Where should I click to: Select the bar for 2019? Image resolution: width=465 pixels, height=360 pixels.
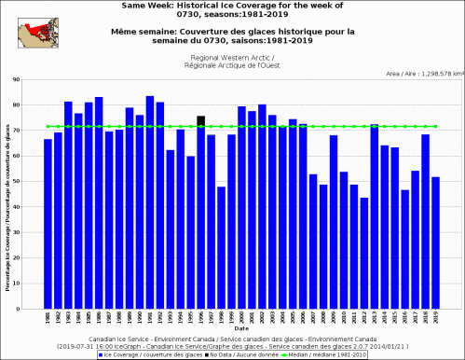tap(435, 242)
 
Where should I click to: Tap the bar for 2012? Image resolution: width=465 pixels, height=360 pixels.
tap(363, 252)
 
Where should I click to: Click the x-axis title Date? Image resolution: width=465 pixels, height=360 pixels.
tap(241, 328)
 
